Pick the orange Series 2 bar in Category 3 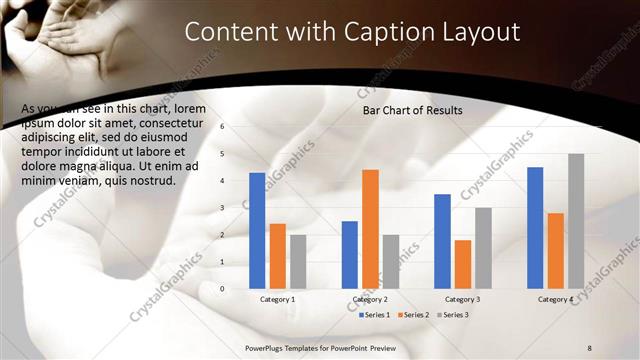point(462,263)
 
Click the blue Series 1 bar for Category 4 point(535,227)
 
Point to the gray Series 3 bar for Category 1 point(298,261)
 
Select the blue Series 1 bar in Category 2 point(350,254)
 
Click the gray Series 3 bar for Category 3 point(483,247)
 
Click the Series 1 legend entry point(376,315)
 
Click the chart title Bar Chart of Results point(412,111)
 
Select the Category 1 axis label point(277,299)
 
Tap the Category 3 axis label point(462,299)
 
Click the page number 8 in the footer point(589,347)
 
